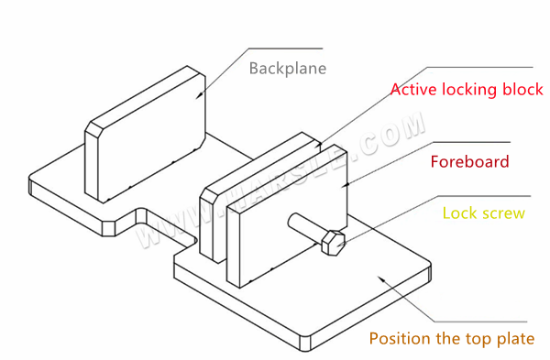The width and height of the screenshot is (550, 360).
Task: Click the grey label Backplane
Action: [287, 69]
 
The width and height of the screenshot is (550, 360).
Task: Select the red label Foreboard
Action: [469, 162]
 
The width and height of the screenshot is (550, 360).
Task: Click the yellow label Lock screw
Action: [483, 213]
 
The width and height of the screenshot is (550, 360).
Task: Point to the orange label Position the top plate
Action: [451, 338]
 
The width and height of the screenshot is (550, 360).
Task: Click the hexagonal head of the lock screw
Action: [334, 243]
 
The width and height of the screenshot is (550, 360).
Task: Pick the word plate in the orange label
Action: [515, 338]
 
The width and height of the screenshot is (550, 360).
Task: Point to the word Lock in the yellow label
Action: [458, 213]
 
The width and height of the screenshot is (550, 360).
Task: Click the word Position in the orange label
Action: [400, 338]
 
